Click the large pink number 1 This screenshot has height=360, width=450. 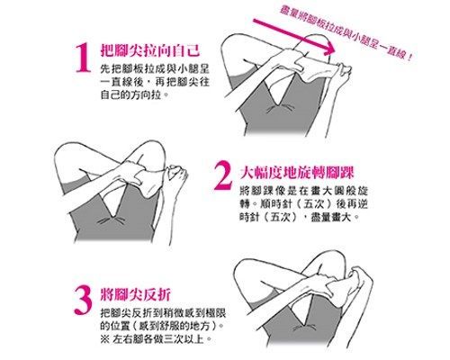[x=84, y=58]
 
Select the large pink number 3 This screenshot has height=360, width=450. [x=83, y=300]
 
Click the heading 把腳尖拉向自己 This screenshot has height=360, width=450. [x=150, y=49]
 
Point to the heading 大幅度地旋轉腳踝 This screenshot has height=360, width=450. [x=297, y=172]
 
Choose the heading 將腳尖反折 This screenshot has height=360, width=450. [x=136, y=294]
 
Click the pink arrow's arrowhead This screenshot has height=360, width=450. [x=329, y=48]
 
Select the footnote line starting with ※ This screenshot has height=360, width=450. [x=156, y=339]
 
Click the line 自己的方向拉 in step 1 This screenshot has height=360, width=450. [x=133, y=94]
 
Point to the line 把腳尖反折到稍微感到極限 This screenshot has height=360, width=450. [x=163, y=313]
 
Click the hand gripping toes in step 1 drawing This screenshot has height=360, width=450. [x=343, y=72]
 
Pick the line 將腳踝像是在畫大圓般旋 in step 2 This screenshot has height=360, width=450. [x=303, y=191]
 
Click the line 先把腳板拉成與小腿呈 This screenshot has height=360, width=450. [x=155, y=69]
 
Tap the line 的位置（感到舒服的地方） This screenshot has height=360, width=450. [x=162, y=326]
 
